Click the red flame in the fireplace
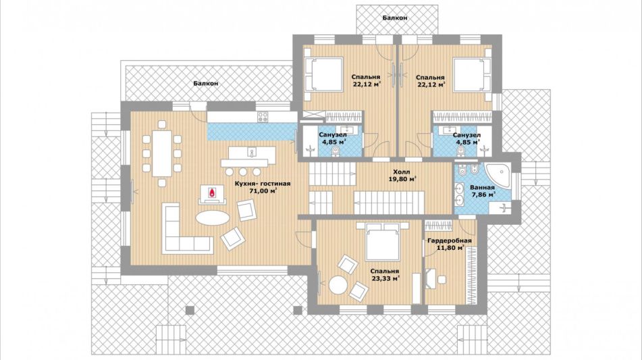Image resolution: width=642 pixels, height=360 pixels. pyautogui.click(x=212, y=193)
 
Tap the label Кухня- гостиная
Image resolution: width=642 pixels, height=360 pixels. pyautogui.click(x=263, y=184)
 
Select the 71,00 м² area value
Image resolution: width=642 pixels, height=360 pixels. pyautogui.click(x=263, y=190)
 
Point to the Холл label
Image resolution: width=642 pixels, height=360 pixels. pyautogui.click(x=401, y=172)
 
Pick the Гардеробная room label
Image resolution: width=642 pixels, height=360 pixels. pyautogui.click(x=449, y=241)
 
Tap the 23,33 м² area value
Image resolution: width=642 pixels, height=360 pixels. pyautogui.click(x=385, y=278)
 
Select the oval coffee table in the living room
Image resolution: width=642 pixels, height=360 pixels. pyautogui.click(x=213, y=217)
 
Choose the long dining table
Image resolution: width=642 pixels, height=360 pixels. pyautogui.click(x=162, y=153)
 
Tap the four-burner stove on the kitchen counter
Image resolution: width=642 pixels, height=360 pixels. pyautogui.click(x=263, y=117)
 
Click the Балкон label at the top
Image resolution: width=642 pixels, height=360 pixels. pyautogui.click(x=395, y=18)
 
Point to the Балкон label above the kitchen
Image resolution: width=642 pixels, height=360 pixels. pyautogui.click(x=205, y=83)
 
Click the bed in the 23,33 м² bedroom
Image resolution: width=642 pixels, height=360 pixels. pyautogui.click(x=382, y=242)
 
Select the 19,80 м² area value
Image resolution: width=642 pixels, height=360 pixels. pyautogui.click(x=402, y=179)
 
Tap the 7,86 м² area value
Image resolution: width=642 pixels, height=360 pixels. pyautogui.click(x=481, y=195)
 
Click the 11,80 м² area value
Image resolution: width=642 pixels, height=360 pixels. pyautogui.click(x=450, y=248)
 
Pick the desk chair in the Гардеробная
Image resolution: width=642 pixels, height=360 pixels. pyautogui.click(x=442, y=280)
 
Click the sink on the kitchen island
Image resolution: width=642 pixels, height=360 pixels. pyautogui.click(x=251, y=153)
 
